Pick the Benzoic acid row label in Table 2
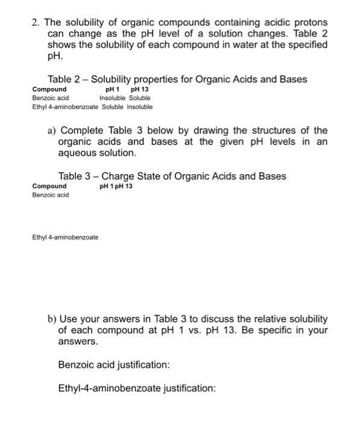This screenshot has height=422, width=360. click(51, 97)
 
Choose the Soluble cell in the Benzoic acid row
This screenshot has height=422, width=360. click(139, 97)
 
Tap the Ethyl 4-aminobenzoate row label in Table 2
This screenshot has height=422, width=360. click(64, 107)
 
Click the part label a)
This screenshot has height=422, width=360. click(52, 131)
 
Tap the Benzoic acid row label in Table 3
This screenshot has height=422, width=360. click(51, 195)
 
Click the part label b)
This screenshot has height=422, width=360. click(52, 318)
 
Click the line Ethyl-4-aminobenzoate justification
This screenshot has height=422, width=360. click(136, 388)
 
